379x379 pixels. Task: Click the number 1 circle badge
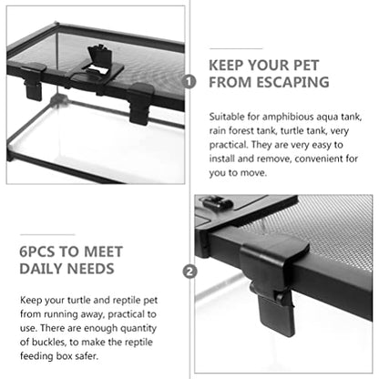tap(189, 82)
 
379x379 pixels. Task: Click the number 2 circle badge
tap(189, 271)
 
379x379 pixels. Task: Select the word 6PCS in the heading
tap(37, 251)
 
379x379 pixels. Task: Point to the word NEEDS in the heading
tap(90, 269)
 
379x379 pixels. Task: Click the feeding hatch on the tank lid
tap(98, 62)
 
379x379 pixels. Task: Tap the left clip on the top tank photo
tap(33, 81)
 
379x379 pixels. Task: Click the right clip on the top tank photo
tap(140, 103)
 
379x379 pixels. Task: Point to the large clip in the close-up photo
tap(273, 282)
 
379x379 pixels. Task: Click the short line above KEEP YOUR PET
tap(236, 48)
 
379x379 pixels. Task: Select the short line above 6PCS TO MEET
tap(47, 234)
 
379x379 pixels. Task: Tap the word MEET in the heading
tap(103, 251)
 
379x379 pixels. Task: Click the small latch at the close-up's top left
tap(216, 202)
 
